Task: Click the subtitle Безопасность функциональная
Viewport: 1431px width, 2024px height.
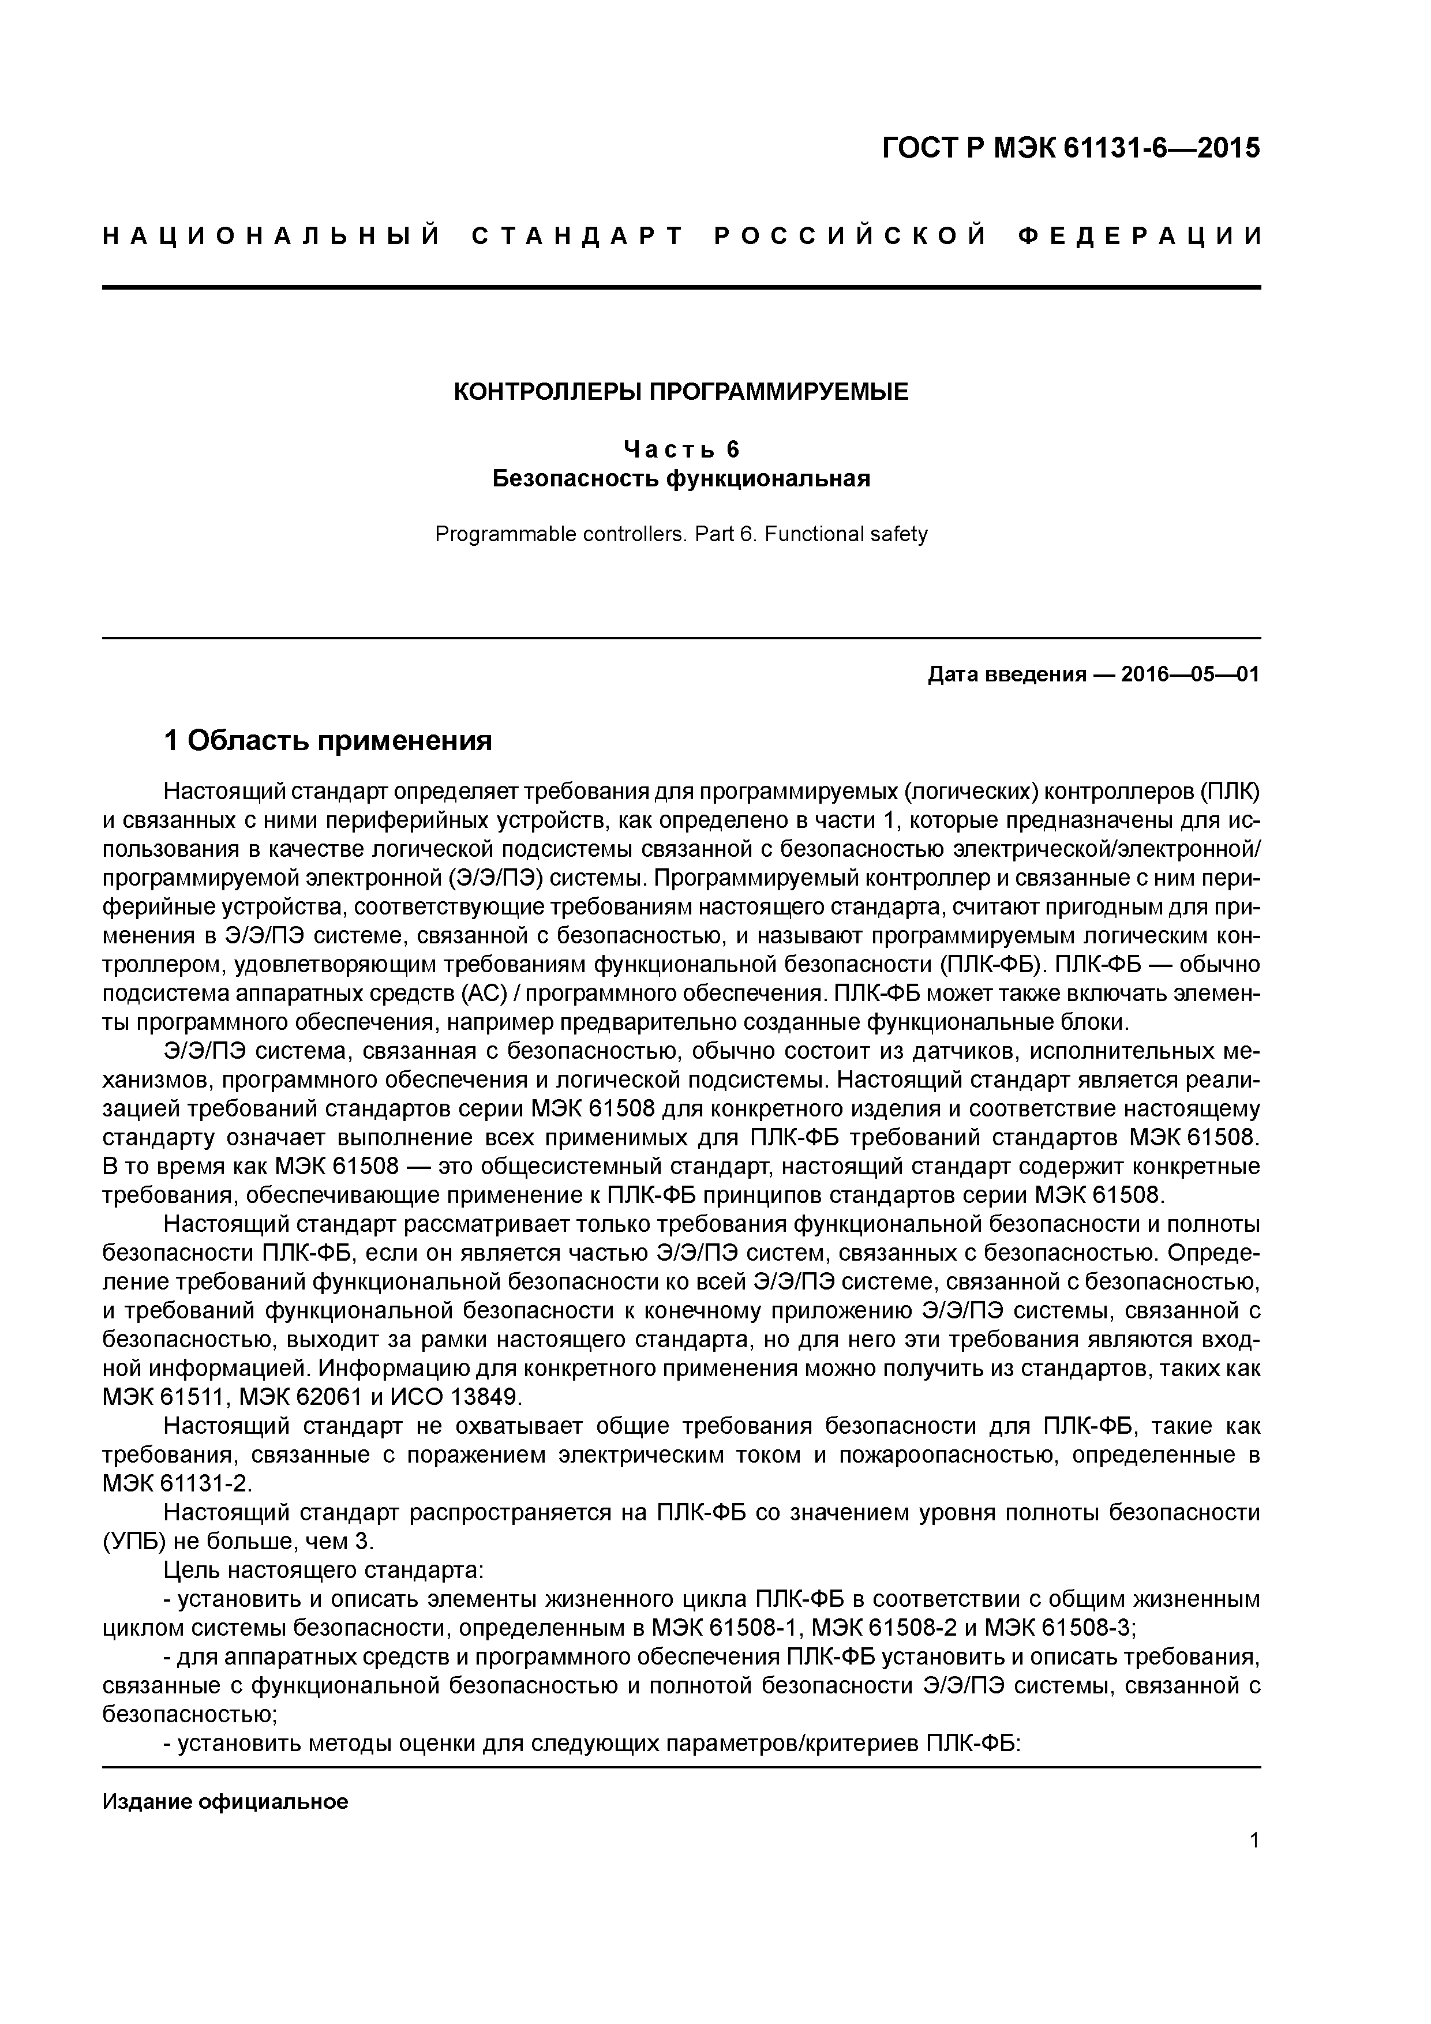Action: click(x=681, y=479)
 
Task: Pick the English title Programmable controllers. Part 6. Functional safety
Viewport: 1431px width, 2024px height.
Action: click(x=681, y=534)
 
